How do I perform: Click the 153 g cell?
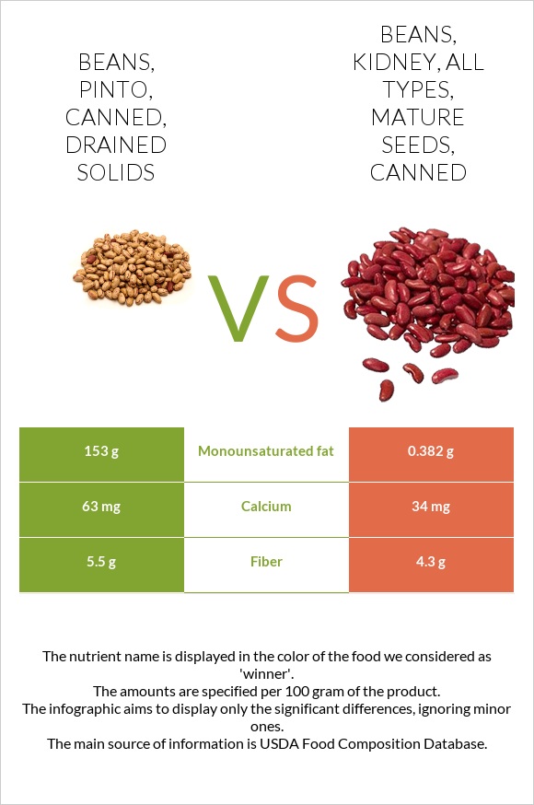click(x=101, y=451)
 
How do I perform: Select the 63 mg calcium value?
click(x=101, y=507)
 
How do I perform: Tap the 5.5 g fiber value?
click(x=101, y=562)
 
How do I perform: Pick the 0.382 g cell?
click(x=431, y=451)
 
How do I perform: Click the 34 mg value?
click(x=431, y=507)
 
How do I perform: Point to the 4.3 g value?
click(x=431, y=562)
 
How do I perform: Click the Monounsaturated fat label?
click(x=266, y=451)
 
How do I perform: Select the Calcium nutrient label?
click(x=266, y=507)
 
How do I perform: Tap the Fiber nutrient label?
click(x=266, y=562)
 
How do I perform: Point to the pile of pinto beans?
click(x=133, y=273)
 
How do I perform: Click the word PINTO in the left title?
click(x=115, y=90)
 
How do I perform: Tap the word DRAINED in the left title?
click(x=115, y=146)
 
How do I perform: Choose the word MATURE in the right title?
click(x=417, y=118)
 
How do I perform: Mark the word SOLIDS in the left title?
click(x=115, y=173)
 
